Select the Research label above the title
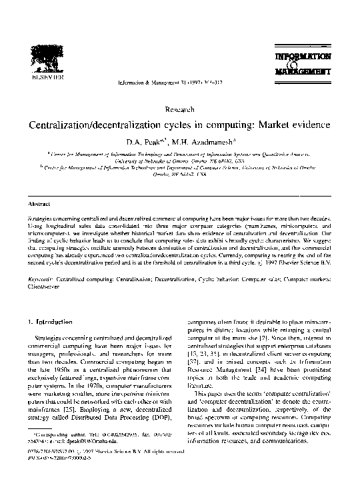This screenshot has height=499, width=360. tap(179, 109)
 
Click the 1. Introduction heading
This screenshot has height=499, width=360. tap(51, 322)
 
